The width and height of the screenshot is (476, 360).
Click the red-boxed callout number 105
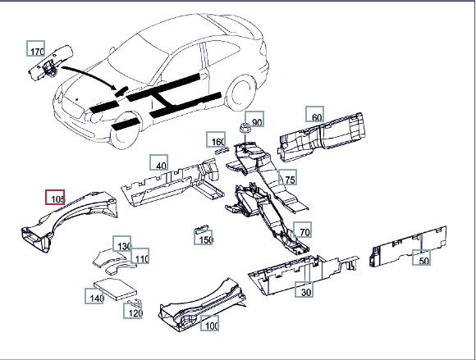(x=55, y=197)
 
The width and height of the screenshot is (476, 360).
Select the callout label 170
(x=36, y=48)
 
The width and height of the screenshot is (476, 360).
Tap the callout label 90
(x=254, y=119)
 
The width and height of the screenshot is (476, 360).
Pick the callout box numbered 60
(x=314, y=114)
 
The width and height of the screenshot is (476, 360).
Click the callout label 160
(x=216, y=139)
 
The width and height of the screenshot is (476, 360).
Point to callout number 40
(x=158, y=162)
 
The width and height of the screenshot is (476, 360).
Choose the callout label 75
(x=287, y=177)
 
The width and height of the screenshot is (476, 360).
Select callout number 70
(x=302, y=230)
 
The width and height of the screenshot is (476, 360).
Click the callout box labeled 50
(x=421, y=257)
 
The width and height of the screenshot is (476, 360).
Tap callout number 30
(x=304, y=289)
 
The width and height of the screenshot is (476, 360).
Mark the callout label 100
(x=210, y=323)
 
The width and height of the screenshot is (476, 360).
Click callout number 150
(x=204, y=237)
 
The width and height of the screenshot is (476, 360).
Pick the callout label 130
(x=122, y=244)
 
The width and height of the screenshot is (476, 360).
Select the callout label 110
(x=140, y=256)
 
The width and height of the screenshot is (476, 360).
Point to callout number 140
(x=94, y=296)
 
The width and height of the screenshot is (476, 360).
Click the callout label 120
(x=133, y=311)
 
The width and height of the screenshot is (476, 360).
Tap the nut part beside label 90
(x=245, y=128)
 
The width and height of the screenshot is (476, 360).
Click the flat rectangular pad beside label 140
(x=115, y=289)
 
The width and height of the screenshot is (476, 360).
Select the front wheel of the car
(x=126, y=130)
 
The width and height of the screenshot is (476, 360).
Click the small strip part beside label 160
(x=222, y=150)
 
